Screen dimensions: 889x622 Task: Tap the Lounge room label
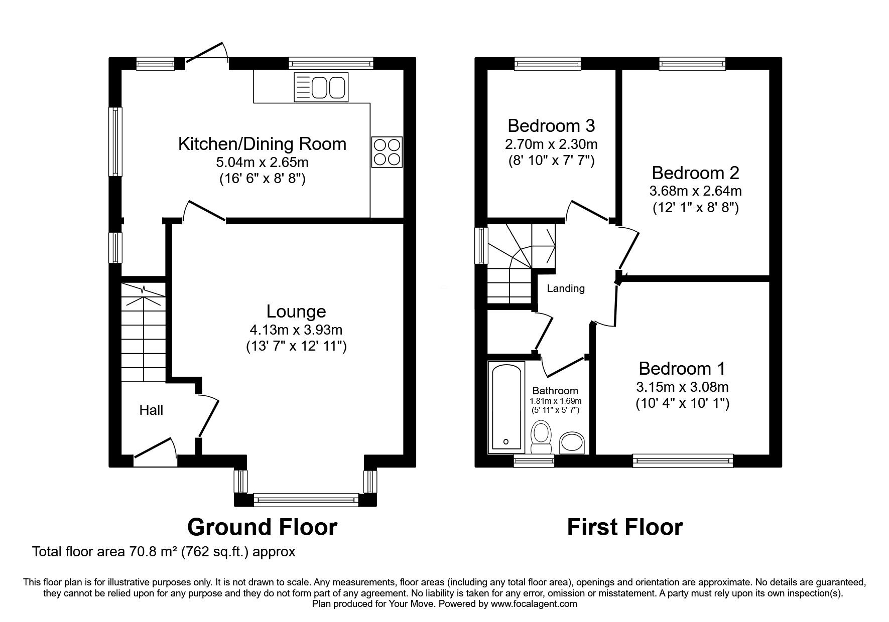click(296, 312)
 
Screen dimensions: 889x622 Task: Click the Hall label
click(151, 410)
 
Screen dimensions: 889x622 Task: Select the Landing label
click(566, 288)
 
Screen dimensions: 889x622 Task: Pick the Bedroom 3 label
click(551, 125)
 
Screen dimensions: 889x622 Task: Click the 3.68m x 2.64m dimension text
click(695, 191)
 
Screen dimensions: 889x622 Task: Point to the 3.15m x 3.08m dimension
click(682, 387)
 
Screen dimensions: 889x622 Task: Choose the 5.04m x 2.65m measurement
click(262, 163)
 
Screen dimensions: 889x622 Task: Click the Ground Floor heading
click(262, 527)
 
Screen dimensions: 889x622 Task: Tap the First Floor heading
click(625, 527)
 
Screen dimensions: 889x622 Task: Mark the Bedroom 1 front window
click(683, 458)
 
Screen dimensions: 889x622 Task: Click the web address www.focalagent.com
click(534, 604)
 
